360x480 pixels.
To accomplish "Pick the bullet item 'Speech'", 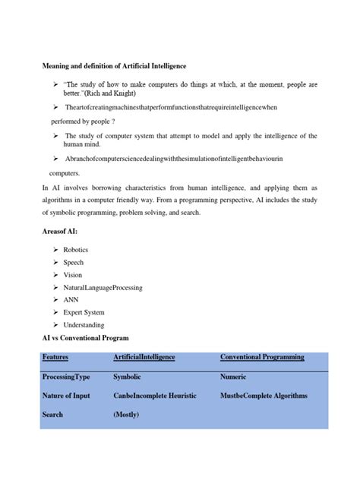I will click(74, 262).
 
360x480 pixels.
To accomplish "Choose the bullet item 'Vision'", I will click(74, 275).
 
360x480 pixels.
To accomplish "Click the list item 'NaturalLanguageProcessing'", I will click(103, 288).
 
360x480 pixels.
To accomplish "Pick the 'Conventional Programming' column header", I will click(262, 357).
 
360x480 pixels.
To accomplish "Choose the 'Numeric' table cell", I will click(233, 376).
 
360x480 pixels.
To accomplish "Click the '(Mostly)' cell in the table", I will click(126, 415).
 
